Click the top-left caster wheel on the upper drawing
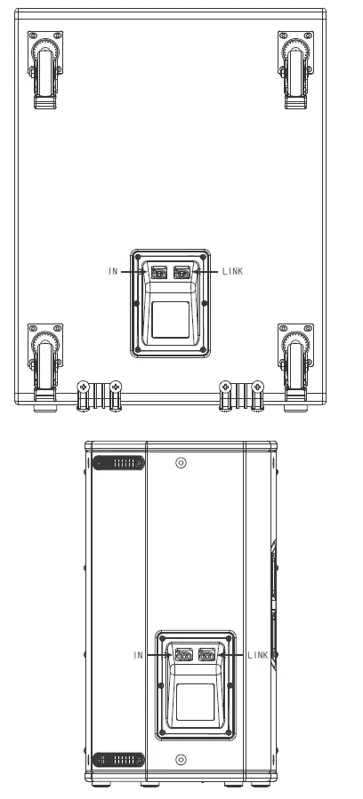point(45,71)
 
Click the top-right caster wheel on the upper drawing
point(294,71)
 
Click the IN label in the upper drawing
point(113,271)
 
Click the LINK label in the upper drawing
point(232,271)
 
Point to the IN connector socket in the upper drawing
point(160,273)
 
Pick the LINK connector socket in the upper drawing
point(183,273)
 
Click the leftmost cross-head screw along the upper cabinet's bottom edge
point(83,387)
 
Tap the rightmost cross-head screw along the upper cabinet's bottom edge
point(257,387)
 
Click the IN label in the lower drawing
point(138,655)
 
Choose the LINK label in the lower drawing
point(257,655)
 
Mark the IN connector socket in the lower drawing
point(184,656)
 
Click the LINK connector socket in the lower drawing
point(207,656)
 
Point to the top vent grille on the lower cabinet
point(118,463)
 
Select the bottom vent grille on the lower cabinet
point(118,760)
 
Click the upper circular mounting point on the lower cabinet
point(181,463)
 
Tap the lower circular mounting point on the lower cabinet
point(181,760)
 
